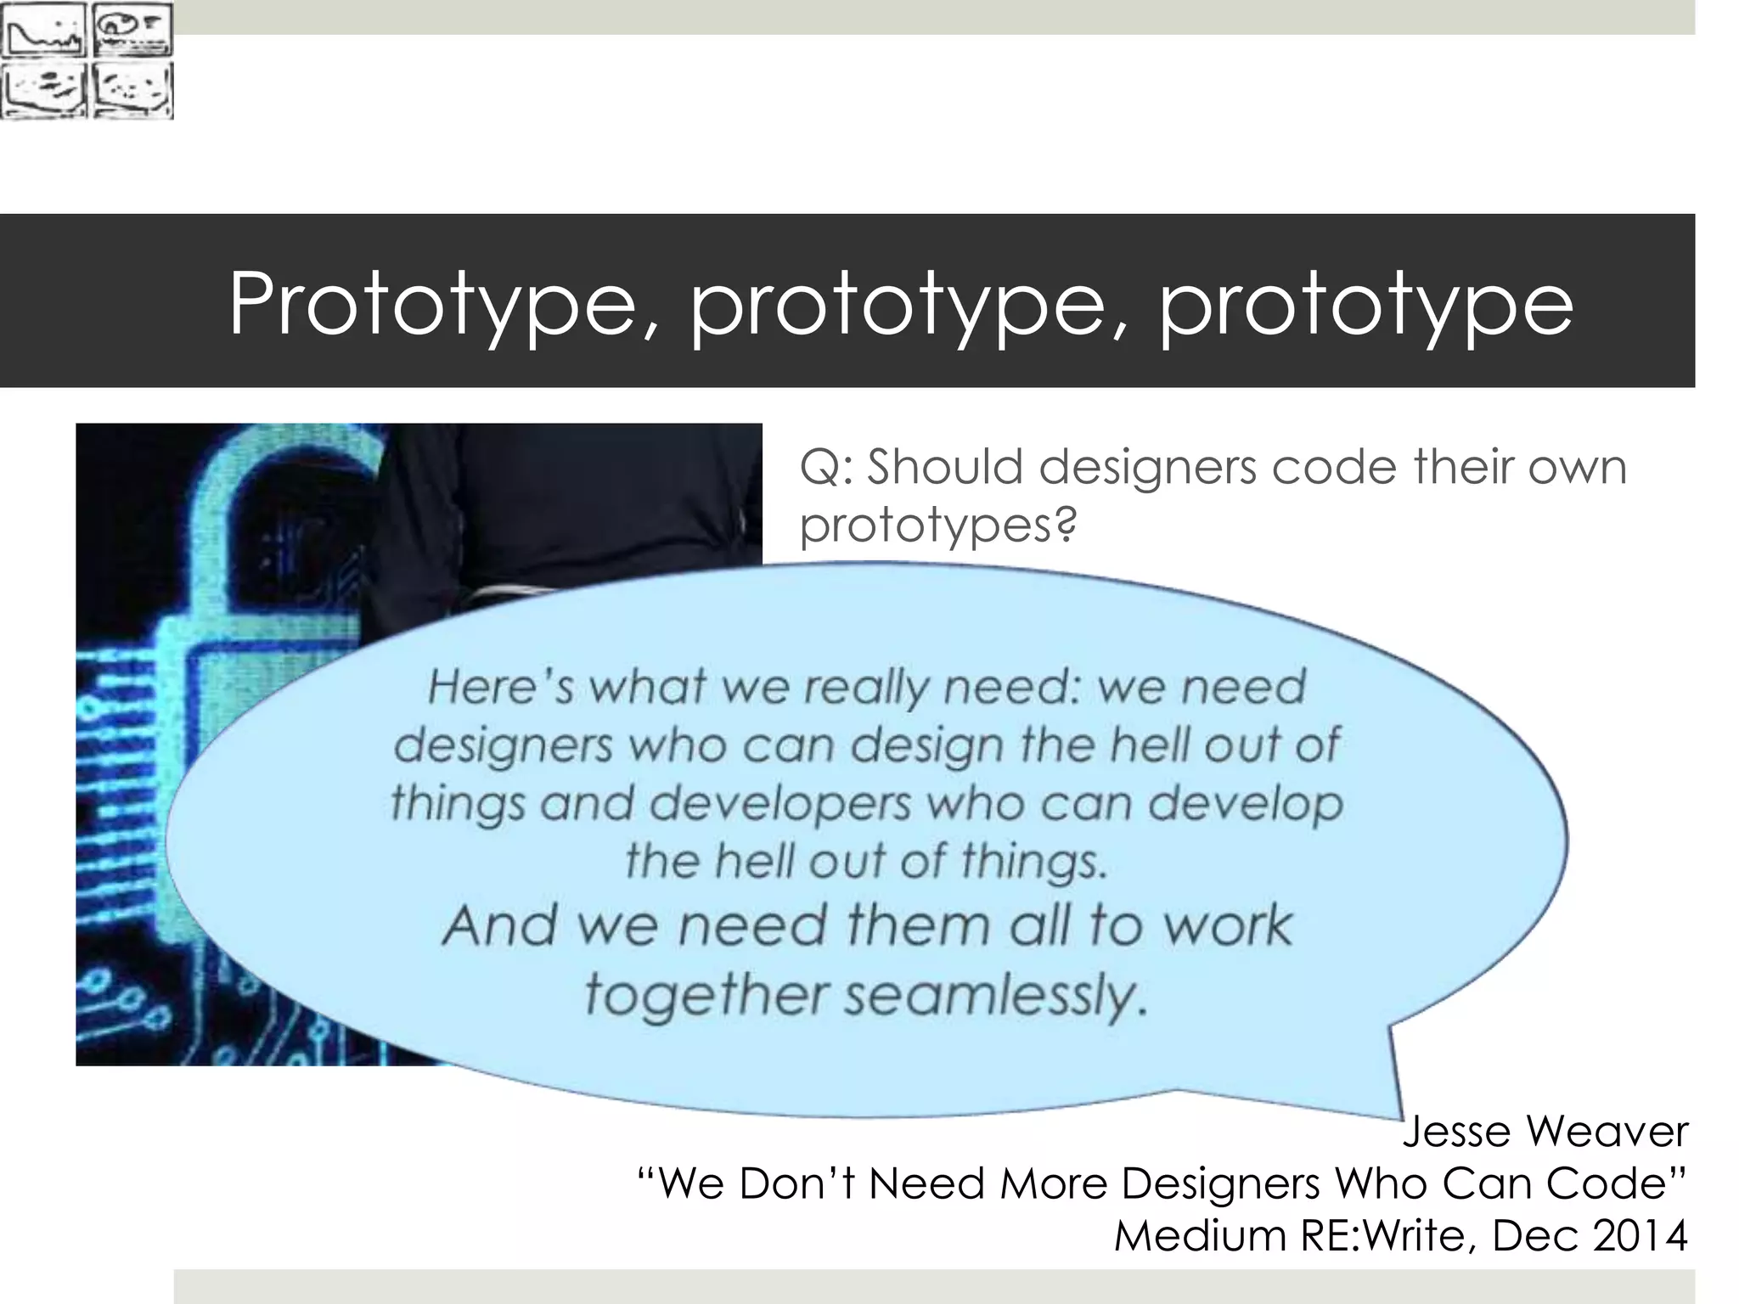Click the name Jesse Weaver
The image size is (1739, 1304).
click(x=1545, y=1131)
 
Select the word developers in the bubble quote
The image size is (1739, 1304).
click(x=786, y=803)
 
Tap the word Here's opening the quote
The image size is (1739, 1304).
click(x=501, y=686)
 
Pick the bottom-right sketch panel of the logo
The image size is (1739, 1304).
click(x=132, y=90)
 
